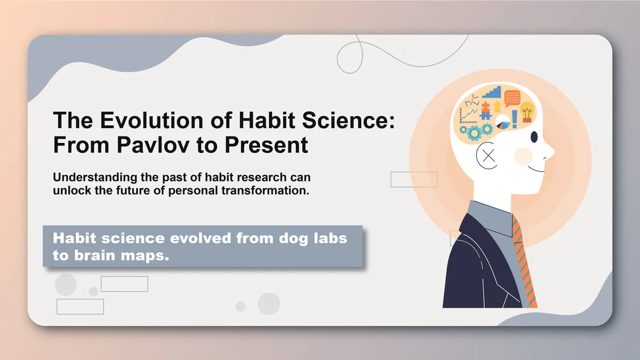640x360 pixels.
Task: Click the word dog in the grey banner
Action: [x=279, y=238]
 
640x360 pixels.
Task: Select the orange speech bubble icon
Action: [x=512, y=98]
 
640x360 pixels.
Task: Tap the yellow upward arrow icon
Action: [x=498, y=107]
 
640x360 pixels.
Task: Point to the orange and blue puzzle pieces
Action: [x=485, y=110]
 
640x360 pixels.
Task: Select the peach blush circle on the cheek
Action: [x=523, y=156]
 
